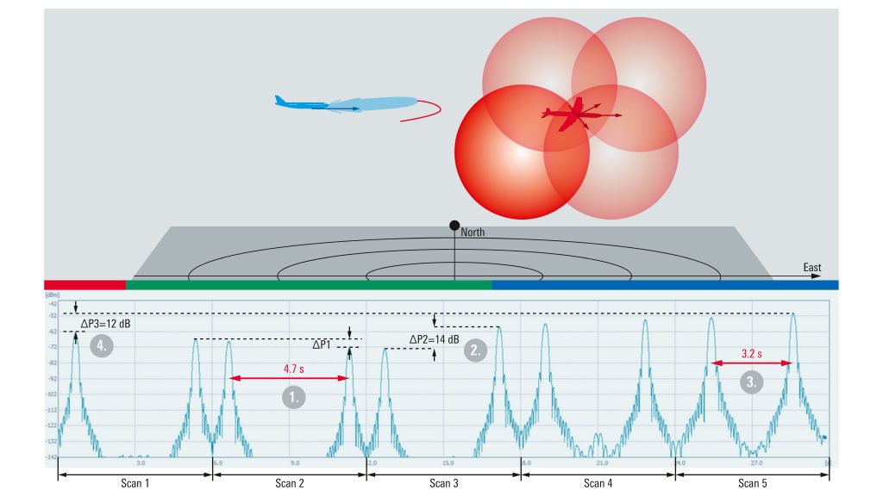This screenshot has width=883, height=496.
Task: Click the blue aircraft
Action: click(x=315, y=104)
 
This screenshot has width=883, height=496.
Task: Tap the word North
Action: click(x=473, y=232)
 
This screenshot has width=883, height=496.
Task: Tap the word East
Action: click(x=811, y=268)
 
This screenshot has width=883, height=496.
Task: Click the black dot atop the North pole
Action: click(x=454, y=225)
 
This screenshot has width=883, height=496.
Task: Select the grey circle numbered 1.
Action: click(x=295, y=397)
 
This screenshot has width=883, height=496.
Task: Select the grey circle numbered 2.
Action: click(x=473, y=350)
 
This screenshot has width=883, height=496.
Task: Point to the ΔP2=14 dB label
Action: click(x=435, y=338)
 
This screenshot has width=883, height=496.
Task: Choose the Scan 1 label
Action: click(x=134, y=483)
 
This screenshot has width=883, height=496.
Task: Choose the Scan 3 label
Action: click(x=444, y=483)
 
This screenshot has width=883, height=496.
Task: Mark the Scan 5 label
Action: click(x=752, y=483)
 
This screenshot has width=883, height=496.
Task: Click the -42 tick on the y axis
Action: click(x=52, y=305)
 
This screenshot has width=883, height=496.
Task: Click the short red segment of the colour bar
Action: click(x=85, y=284)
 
